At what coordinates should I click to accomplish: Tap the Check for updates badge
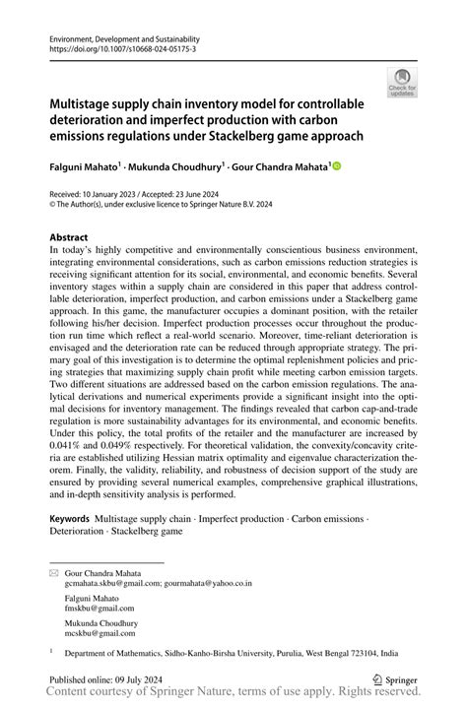(x=402, y=84)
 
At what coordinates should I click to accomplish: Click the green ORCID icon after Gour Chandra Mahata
(x=334, y=168)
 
